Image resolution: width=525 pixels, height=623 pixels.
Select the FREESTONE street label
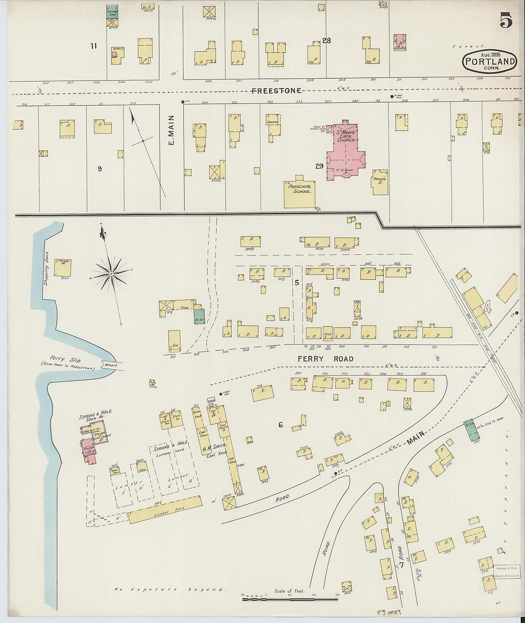tap(276, 91)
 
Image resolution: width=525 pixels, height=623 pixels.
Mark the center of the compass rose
tap(111, 274)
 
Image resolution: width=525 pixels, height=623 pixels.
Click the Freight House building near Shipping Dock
tap(63, 267)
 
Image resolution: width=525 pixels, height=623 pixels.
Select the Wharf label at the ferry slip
tap(111, 365)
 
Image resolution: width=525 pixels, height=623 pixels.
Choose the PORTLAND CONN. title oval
tap(490, 62)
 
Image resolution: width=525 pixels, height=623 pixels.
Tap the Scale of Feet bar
tap(277, 599)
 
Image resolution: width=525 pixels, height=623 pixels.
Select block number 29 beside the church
tap(319, 166)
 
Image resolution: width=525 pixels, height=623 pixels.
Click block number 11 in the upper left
tap(94, 46)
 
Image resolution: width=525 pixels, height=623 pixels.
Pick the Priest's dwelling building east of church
tap(380, 183)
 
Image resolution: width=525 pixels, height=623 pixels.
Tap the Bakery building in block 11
tap(117, 55)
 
